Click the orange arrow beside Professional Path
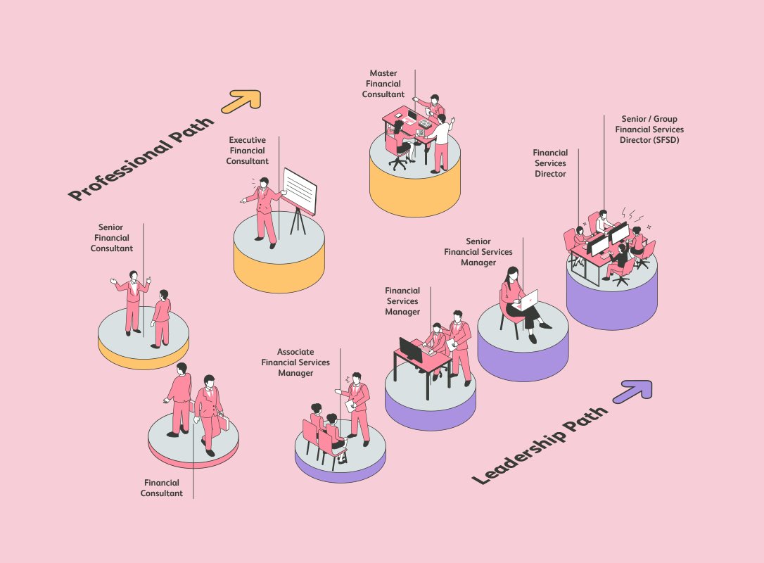tap(242, 101)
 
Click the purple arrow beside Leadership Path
tap(633, 391)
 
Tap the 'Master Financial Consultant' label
tap(383, 84)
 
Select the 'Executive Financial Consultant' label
tap(248, 151)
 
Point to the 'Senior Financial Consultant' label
tap(112, 238)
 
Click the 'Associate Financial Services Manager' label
tap(295, 362)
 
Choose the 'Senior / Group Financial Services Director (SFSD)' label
tap(649, 129)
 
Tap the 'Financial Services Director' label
tap(550, 163)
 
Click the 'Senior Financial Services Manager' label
tap(478, 252)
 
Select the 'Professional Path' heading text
tap(141, 158)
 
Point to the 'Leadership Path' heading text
tap(540, 444)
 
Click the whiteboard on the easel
tap(300, 191)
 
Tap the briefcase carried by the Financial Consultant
tap(223, 422)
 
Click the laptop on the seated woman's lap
tap(528, 301)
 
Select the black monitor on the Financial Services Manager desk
tap(411, 350)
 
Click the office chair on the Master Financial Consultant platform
tap(399, 155)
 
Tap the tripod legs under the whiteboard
tap(298, 221)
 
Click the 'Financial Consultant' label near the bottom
tap(162, 488)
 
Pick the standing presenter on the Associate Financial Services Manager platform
tap(356, 409)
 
